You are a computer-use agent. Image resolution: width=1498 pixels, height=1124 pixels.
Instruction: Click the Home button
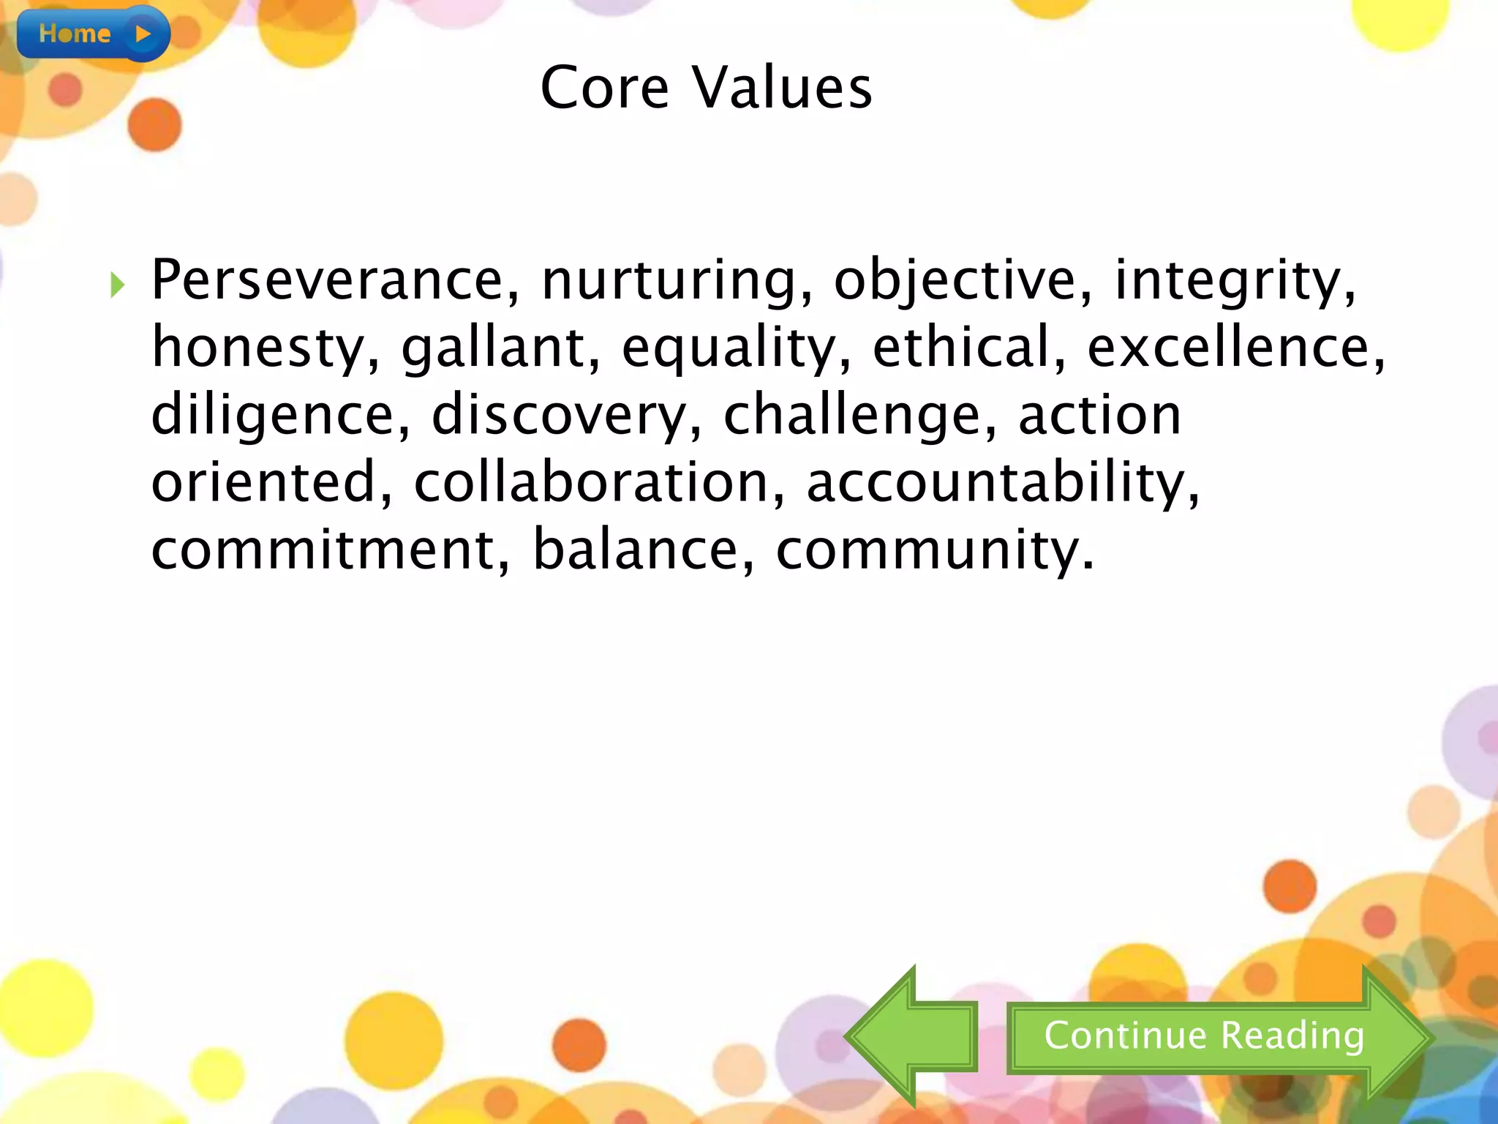92,33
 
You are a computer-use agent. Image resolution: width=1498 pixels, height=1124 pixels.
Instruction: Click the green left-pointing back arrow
911,1035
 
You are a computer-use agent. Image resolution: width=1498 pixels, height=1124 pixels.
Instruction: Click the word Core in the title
604,88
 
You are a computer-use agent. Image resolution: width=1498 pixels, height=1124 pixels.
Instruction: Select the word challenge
860,416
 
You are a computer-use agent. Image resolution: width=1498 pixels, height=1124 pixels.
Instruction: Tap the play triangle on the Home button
143,34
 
